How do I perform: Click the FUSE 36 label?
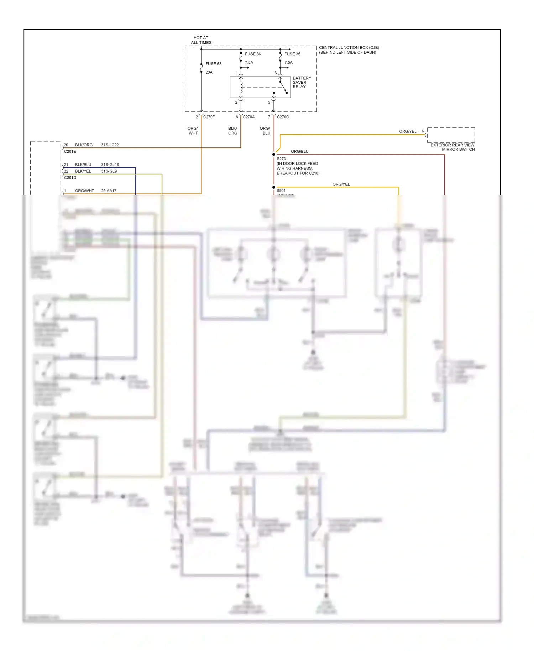point(253,54)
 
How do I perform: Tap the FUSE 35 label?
point(292,54)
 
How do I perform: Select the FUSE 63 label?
point(213,64)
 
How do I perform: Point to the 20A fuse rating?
point(209,72)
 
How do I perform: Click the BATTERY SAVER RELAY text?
point(302,82)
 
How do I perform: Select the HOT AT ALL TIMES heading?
point(201,40)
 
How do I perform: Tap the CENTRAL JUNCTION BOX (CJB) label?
point(349,48)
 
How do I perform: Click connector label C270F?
point(209,117)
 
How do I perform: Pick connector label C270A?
point(249,117)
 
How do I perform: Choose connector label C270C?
point(283,117)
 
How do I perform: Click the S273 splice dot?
point(274,155)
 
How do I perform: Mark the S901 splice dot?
point(274,187)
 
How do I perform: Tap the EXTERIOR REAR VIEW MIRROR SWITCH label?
point(452,147)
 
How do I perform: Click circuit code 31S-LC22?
point(110,145)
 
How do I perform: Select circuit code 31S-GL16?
point(110,165)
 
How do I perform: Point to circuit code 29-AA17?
point(109,191)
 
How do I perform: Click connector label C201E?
point(70,151)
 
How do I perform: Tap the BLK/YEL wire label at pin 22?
point(83,171)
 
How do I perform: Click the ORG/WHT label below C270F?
point(193,131)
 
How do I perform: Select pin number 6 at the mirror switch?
point(423,131)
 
